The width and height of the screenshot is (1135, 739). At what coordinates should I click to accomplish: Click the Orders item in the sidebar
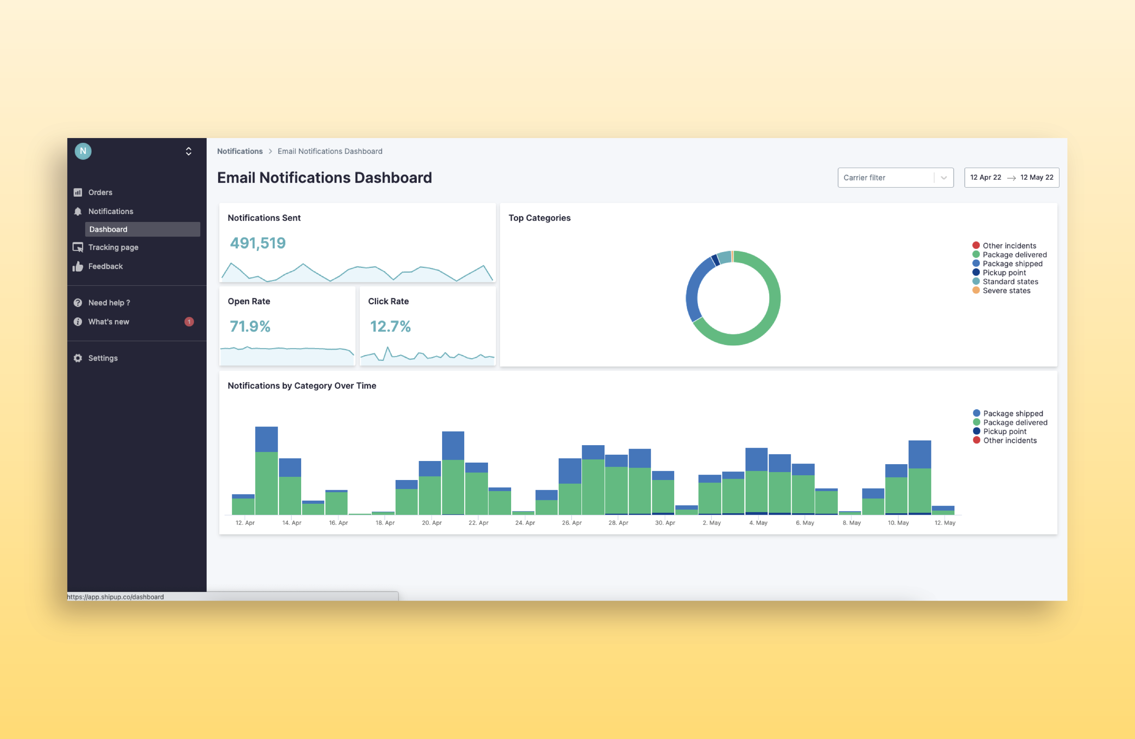coord(100,192)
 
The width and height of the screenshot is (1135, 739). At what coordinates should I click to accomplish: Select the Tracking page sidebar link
coord(113,247)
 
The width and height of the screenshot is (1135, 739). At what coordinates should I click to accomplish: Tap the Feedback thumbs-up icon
coord(78,266)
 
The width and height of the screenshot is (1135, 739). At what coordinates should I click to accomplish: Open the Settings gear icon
coord(78,358)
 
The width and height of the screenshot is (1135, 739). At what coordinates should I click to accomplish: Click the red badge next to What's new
coord(189,322)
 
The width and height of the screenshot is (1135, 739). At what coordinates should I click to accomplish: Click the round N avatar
coord(83,151)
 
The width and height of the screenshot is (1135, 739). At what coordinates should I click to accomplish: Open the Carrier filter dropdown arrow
coord(943,178)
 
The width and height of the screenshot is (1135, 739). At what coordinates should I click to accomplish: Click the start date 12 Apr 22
coord(985,177)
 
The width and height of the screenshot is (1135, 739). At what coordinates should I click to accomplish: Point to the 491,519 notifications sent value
coord(257,243)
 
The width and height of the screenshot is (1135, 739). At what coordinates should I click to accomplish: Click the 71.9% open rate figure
coord(250,326)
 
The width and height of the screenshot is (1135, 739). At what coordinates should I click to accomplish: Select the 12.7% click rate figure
coord(390,326)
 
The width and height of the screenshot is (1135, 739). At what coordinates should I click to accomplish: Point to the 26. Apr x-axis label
coord(571,522)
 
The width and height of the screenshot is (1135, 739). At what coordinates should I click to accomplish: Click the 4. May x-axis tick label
coord(758,522)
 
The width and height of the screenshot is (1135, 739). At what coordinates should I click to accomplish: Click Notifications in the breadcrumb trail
coord(239,151)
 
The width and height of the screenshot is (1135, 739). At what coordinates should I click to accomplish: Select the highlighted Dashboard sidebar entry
coord(142,229)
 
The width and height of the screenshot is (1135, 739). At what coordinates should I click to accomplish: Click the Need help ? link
coord(109,303)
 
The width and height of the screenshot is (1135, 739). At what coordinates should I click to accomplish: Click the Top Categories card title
coord(539,218)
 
